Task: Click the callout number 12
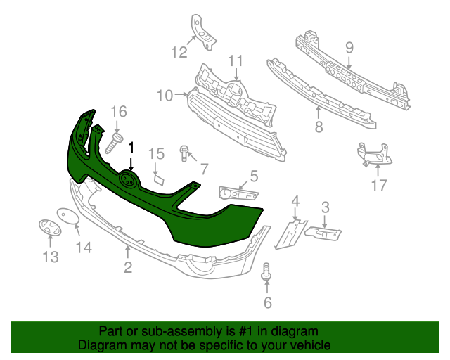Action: point(179,51)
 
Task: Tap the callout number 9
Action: point(349,48)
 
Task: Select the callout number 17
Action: point(379,186)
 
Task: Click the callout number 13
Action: point(51,257)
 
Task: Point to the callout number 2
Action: point(127,266)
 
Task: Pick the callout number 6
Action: point(267,303)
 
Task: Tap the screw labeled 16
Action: point(115,143)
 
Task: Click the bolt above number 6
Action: point(266,271)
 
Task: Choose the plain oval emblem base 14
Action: point(66,215)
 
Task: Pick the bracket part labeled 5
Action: point(238,194)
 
